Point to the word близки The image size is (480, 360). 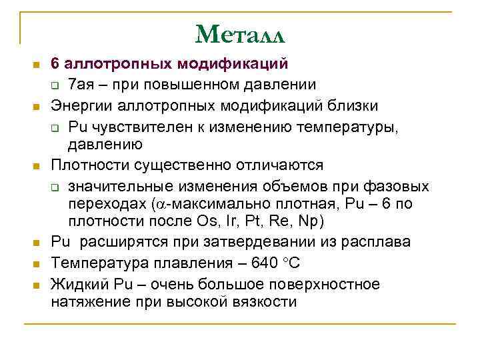click(354, 105)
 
